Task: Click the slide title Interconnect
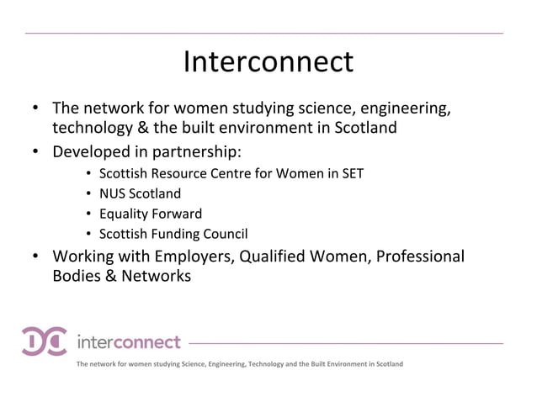pyautogui.click(x=268, y=61)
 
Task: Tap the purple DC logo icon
pyautogui.click(x=45, y=341)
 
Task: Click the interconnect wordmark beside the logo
pyautogui.click(x=128, y=342)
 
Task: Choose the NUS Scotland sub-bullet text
pyautogui.click(x=140, y=194)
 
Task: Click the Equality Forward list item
pyautogui.click(x=150, y=214)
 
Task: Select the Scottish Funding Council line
pyautogui.click(x=173, y=234)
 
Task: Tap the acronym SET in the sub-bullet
pyautogui.click(x=352, y=174)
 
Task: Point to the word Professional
pyautogui.click(x=419, y=256)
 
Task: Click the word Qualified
pyautogui.click(x=274, y=256)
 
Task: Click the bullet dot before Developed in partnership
pyautogui.click(x=36, y=152)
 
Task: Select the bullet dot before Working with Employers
pyautogui.click(x=36, y=256)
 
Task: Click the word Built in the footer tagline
pyautogui.click(x=309, y=364)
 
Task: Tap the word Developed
pyautogui.click(x=87, y=152)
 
